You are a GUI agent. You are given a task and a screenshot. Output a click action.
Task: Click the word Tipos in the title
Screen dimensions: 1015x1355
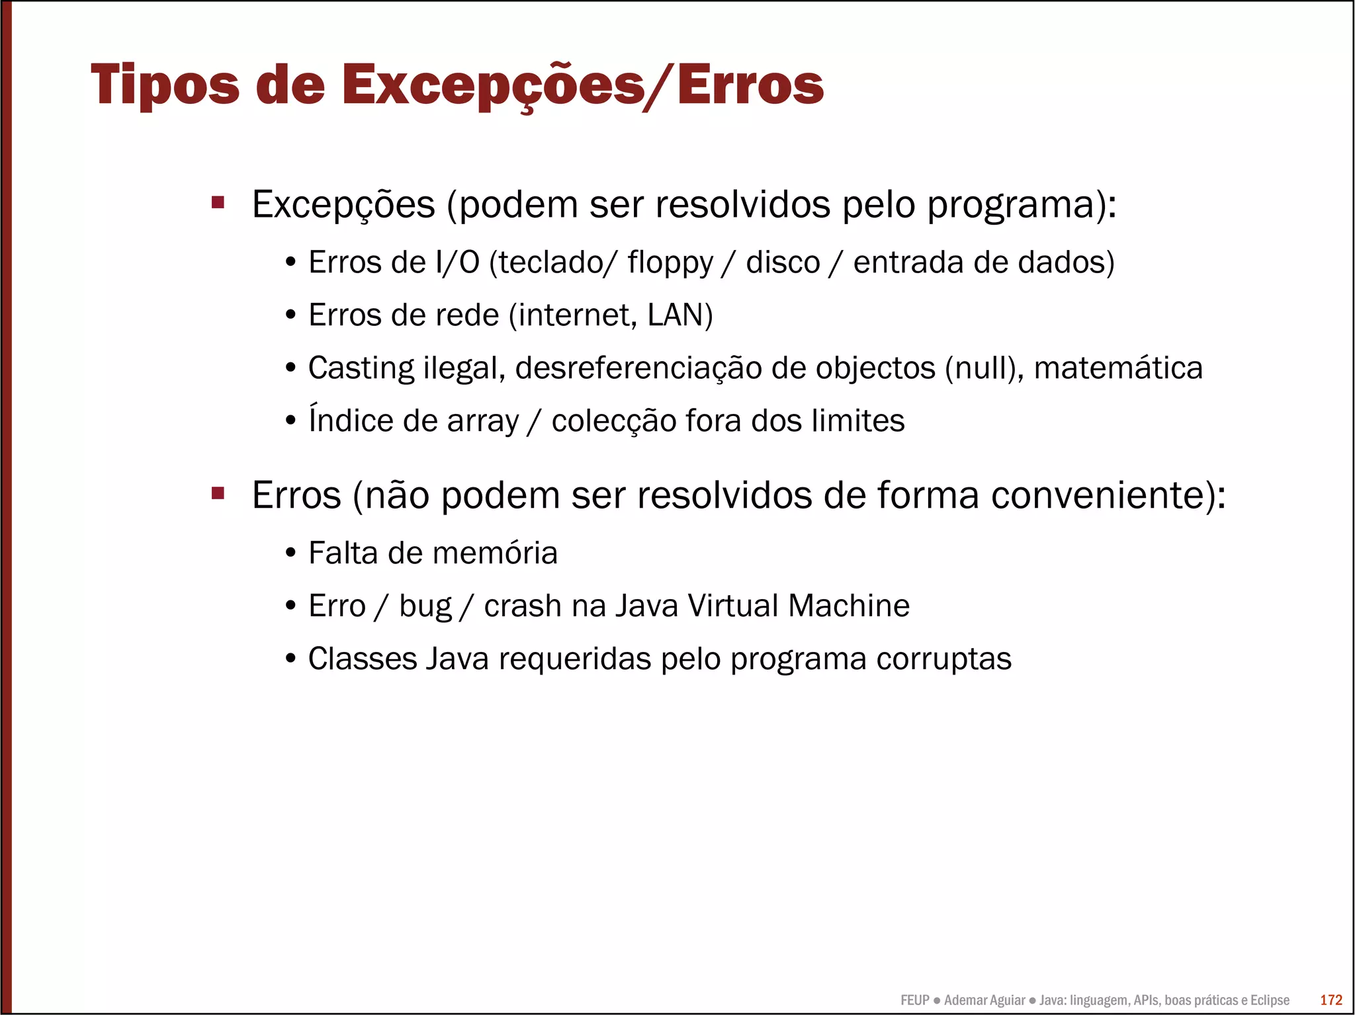(165, 85)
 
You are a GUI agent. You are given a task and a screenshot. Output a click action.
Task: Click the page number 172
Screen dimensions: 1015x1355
(1331, 1000)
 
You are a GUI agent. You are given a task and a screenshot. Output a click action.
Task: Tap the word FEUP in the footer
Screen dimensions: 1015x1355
(914, 1000)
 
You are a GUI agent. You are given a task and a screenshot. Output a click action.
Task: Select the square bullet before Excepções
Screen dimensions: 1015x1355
(218, 202)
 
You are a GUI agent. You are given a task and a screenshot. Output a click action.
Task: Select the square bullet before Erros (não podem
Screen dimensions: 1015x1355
(218, 493)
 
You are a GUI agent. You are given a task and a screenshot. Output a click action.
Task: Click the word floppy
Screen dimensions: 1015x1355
(670, 263)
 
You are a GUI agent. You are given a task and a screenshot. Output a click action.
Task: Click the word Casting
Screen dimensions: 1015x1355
(361, 368)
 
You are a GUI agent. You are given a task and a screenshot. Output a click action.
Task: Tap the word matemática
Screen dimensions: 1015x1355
(1117, 368)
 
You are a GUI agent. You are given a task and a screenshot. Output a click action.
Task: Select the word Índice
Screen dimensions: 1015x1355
(350, 420)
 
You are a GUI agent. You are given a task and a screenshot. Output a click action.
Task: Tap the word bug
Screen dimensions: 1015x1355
(425, 606)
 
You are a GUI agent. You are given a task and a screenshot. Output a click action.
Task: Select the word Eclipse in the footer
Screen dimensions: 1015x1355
(1269, 1000)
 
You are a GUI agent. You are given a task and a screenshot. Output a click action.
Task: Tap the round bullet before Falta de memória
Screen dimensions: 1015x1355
(290, 553)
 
